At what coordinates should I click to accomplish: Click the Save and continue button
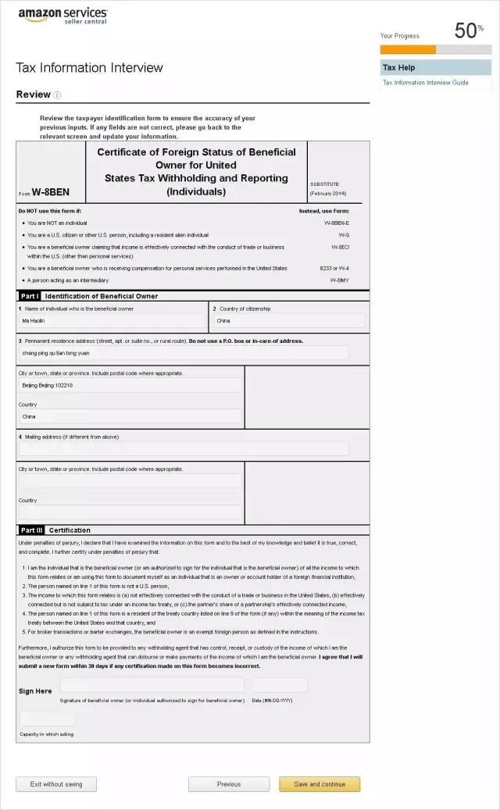[x=320, y=784]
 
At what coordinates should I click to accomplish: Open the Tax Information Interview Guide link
[x=426, y=82]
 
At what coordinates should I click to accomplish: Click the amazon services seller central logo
[x=62, y=15]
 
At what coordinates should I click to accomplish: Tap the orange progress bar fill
[x=408, y=49]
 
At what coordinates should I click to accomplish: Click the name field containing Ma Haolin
[x=112, y=321]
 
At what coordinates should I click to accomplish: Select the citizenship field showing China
[x=288, y=321]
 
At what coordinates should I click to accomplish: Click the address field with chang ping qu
[x=184, y=353]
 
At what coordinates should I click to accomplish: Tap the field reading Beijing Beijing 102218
[x=130, y=385]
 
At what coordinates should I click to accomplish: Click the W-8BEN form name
[x=51, y=192]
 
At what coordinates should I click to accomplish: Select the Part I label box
[x=29, y=296]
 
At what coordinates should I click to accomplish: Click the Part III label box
[x=30, y=530]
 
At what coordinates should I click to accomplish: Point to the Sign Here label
[x=35, y=691]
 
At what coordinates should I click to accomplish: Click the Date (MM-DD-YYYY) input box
[x=279, y=685]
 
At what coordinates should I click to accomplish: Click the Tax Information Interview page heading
[x=90, y=68]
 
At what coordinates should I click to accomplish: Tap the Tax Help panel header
[x=436, y=67]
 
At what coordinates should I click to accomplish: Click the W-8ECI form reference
[x=340, y=247]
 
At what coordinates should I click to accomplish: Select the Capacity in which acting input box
[x=48, y=719]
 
